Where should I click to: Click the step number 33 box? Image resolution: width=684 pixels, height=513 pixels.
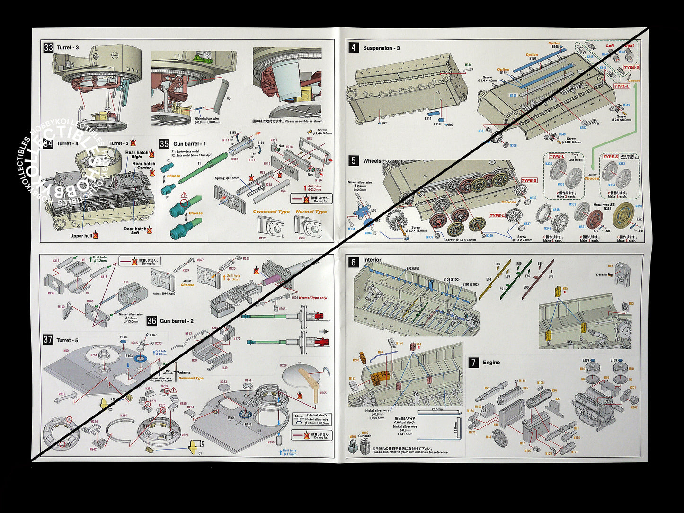48,48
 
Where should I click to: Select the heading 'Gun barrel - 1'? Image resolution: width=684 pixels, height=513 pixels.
189,144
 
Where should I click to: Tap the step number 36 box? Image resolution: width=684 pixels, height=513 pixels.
151,321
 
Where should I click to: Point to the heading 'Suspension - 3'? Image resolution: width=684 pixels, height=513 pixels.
381,48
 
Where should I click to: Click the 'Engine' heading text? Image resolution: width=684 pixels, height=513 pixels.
491,363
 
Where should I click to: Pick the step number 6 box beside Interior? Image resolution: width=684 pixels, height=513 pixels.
354,262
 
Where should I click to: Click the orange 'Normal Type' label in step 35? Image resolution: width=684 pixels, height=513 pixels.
311,212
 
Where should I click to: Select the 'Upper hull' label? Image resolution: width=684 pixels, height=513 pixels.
81,236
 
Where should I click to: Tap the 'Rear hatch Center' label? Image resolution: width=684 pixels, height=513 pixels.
143,166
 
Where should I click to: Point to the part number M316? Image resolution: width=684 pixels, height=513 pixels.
468,65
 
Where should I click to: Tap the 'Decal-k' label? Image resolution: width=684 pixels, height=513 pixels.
601,274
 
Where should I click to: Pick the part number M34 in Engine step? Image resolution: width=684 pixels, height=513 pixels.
489,437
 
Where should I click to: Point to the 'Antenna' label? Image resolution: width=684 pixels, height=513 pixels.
184,372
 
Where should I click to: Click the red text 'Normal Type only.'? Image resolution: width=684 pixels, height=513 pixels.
312,298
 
